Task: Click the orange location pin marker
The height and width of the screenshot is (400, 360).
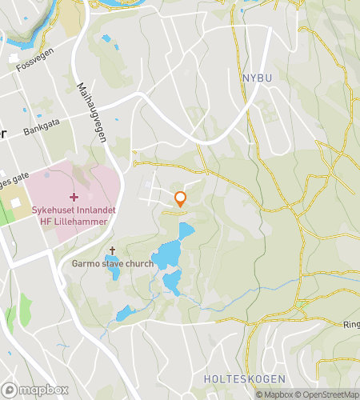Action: (181, 199)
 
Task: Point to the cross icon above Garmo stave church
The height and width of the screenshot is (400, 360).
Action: (112, 250)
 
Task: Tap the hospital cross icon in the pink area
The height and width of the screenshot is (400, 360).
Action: (74, 197)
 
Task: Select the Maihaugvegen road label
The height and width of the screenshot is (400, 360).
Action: (93, 111)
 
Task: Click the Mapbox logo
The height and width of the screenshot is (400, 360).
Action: (35, 390)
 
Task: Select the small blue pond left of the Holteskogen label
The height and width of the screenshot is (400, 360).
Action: (124, 314)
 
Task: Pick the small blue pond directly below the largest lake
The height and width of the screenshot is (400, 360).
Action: (171, 282)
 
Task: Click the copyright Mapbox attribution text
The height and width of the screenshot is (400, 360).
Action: (274, 394)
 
